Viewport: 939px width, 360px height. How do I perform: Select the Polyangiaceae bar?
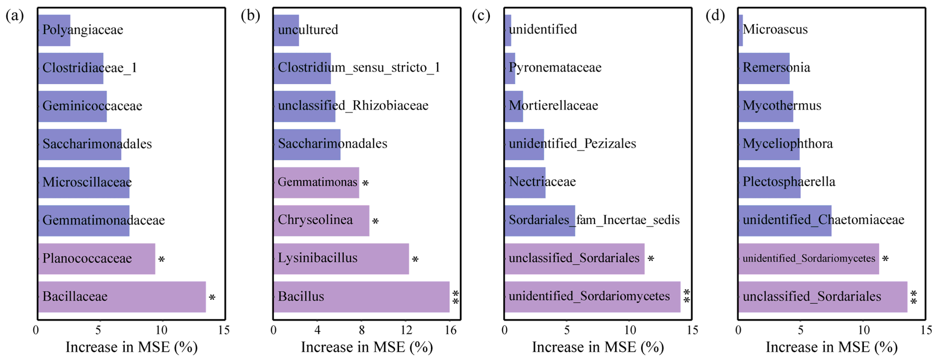[x=54, y=30]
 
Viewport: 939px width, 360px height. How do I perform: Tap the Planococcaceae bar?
[x=97, y=259]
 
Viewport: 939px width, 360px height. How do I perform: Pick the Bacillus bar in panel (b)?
[x=361, y=296]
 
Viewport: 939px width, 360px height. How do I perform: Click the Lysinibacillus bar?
[x=341, y=259]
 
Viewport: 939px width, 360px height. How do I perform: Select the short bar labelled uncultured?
[x=286, y=30]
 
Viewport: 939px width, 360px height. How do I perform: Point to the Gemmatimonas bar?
[x=316, y=182]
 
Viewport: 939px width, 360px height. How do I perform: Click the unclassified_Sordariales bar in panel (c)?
[x=574, y=259]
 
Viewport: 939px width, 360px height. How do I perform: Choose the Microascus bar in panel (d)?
[x=740, y=30]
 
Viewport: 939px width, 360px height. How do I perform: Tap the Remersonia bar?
[x=764, y=68]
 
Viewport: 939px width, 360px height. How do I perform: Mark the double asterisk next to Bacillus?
[x=455, y=297]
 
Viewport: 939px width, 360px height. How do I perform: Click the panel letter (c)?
[x=481, y=16]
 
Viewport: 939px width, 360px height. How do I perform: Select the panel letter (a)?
[x=14, y=16]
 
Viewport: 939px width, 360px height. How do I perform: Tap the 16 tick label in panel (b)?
[x=451, y=330]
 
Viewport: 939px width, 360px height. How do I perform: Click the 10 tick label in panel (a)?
[x=161, y=330]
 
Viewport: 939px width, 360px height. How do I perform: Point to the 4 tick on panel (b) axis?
[x=317, y=330]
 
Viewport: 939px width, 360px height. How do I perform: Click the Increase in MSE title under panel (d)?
[x=832, y=347]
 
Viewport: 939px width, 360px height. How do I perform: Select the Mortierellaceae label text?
[x=553, y=106]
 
